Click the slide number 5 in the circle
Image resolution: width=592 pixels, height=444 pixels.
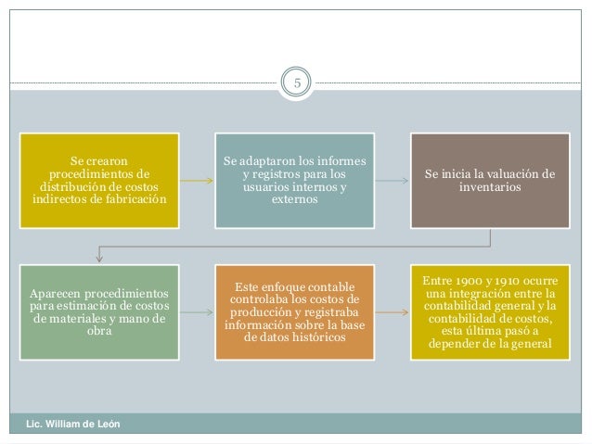[x=298, y=83]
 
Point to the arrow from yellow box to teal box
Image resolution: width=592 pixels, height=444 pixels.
[x=195, y=180]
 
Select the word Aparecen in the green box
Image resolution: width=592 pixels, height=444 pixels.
[x=57, y=291]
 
